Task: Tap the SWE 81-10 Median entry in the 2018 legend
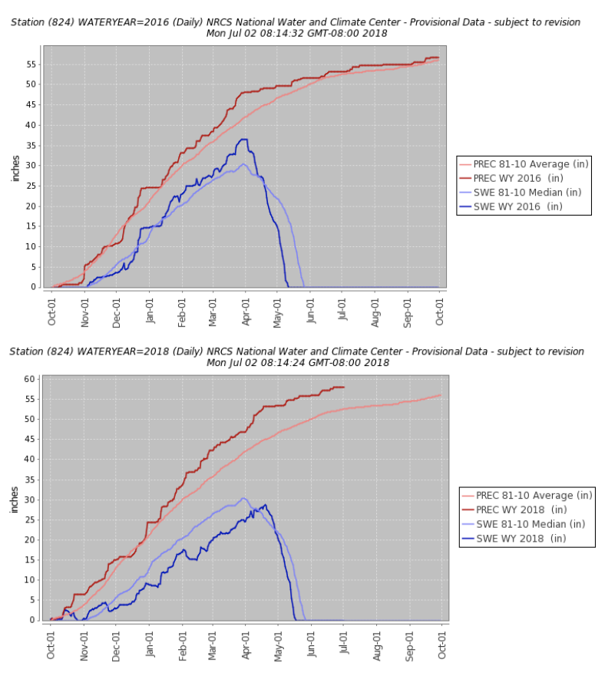[531, 524]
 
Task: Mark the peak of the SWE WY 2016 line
[244, 139]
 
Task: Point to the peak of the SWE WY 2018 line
[265, 504]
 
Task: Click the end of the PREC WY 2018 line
[344, 387]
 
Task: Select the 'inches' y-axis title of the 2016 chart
[15, 167]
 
